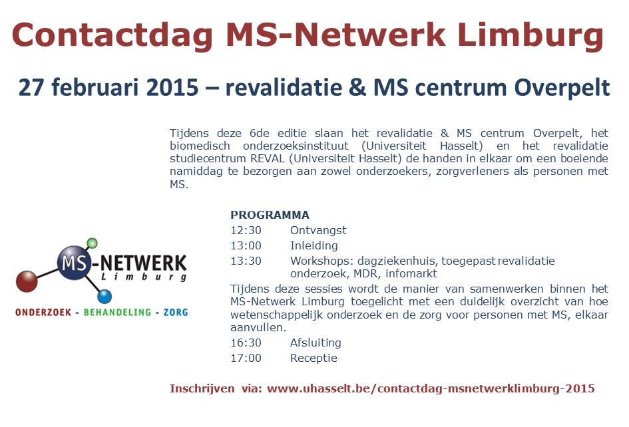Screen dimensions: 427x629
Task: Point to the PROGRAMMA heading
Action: (270, 215)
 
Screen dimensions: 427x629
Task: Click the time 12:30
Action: (246, 230)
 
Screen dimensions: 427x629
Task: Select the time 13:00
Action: (246, 245)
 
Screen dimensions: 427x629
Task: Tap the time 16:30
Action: (246, 343)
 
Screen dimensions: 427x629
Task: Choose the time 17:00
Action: (246, 358)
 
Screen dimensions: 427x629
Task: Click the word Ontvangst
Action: (318, 230)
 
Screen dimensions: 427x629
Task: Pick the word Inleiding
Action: (314, 245)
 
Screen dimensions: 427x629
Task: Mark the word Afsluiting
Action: (315, 343)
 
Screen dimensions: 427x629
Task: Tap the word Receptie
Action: (314, 358)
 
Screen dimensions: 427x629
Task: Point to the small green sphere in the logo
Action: (92, 243)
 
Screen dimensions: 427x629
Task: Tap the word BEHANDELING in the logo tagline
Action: (117, 312)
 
